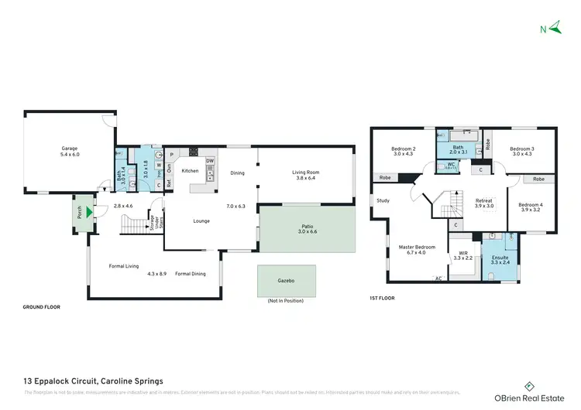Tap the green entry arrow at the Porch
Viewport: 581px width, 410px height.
click(x=91, y=211)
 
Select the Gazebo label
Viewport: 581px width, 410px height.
click(x=286, y=279)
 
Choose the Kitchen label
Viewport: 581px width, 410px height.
click(x=190, y=171)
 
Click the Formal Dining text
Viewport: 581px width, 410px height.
click(x=190, y=273)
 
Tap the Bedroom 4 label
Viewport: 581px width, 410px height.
click(x=531, y=207)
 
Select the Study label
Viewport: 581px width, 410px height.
click(x=383, y=200)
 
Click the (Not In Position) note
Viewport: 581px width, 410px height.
click(x=285, y=300)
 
